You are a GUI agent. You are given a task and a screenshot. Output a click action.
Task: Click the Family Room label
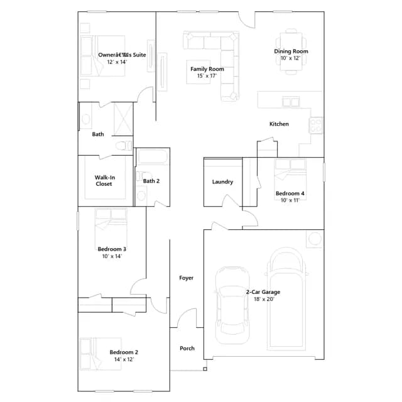coord(207,69)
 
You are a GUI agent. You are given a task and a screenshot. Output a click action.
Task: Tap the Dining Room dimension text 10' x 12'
coord(290,58)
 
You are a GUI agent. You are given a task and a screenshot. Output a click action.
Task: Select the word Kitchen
coord(279,124)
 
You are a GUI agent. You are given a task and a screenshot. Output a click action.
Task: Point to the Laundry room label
coord(222,182)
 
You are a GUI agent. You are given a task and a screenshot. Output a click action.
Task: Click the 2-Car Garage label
coord(263,292)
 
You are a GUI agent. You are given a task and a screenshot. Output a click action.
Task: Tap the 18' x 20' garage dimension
coord(264,299)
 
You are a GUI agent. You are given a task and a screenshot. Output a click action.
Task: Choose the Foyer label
coord(187,278)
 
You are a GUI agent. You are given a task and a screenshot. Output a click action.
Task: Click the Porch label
coord(187,349)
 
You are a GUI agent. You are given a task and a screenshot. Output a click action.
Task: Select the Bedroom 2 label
coord(124,352)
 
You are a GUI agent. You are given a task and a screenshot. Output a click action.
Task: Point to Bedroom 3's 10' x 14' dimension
coord(112,256)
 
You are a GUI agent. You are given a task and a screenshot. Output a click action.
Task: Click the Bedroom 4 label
coord(290,193)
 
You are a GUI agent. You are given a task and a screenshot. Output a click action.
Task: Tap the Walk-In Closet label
coord(105,180)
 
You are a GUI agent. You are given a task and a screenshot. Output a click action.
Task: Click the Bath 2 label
coord(151,181)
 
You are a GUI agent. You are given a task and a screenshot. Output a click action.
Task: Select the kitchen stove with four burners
coord(316,126)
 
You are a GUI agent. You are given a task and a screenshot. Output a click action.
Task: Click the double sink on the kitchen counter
coord(291,102)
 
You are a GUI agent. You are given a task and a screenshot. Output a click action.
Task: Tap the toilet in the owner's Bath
coord(124,146)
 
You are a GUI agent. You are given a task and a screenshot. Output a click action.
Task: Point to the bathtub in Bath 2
coord(152,156)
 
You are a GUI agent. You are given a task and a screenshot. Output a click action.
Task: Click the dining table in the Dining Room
coord(291,52)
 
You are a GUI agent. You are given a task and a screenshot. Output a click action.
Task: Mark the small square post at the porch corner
coord(205,369)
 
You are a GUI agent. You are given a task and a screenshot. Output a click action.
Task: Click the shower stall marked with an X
coord(123,119)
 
